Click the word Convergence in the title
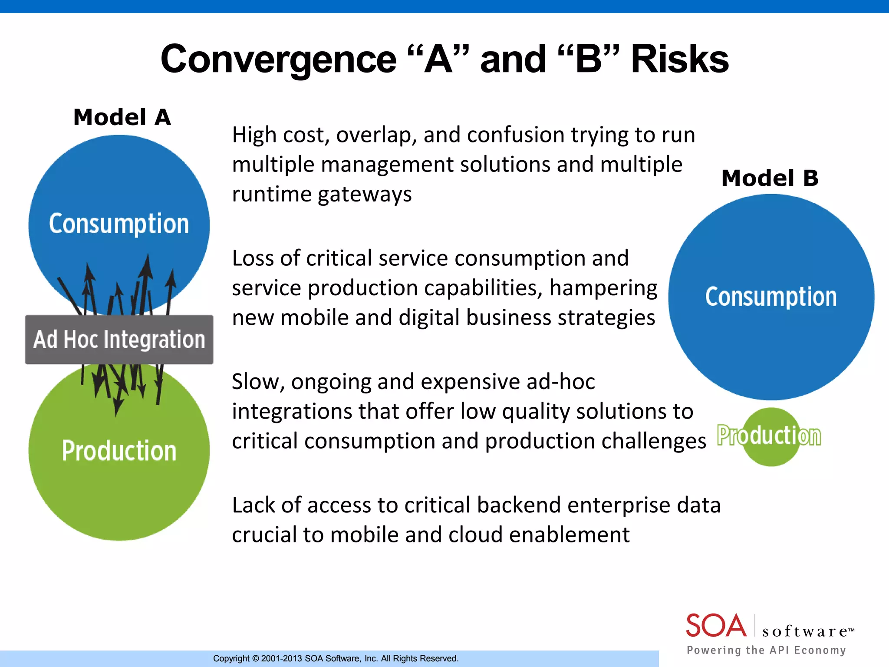tap(278, 59)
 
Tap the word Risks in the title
tap(679, 59)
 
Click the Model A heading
tap(122, 117)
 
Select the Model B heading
tap(770, 178)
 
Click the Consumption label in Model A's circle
tap(119, 224)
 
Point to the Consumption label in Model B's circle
tap(770, 297)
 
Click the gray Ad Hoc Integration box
tap(119, 340)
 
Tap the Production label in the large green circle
tap(119, 451)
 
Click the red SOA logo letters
tap(715, 626)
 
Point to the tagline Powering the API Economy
tap(766, 650)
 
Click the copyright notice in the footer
tap(336, 658)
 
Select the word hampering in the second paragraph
tap(603, 288)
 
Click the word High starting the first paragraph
tap(254, 135)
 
